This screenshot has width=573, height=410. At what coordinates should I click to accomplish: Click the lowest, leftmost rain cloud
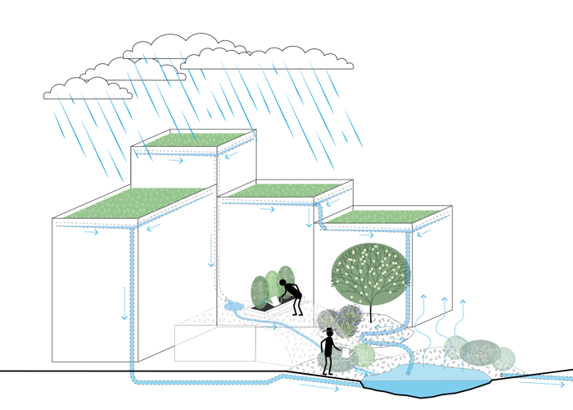coord(88,89)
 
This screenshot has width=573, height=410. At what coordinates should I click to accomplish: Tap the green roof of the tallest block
coord(194,139)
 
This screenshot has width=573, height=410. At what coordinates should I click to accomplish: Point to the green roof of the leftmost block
coord(131,203)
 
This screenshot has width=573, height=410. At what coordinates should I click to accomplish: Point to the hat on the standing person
coord(329,331)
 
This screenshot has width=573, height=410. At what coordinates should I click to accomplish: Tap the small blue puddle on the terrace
coord(233,307)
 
